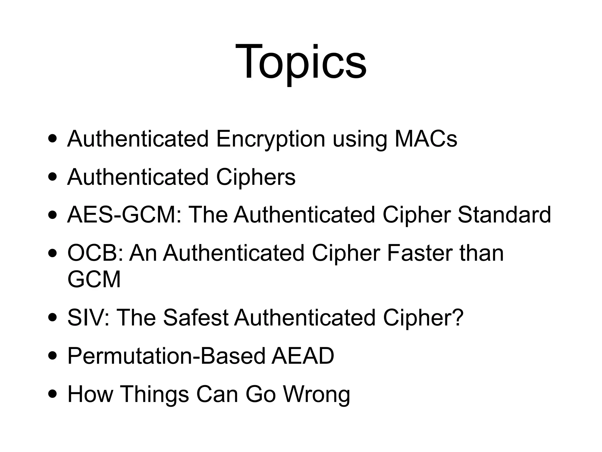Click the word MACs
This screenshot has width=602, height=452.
tap(426, 139)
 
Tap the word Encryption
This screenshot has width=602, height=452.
tap(270, 139)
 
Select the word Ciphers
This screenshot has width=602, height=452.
tap(256, 177)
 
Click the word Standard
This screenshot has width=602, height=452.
tap(504, 215)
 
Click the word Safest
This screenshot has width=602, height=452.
tap(196, 318)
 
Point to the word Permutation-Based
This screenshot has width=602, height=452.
tap(166, 356)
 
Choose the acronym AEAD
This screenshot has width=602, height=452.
tap(303, 356)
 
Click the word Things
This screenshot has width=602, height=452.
tap(154, 394)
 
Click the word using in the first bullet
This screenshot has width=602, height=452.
tap(360, 139)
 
